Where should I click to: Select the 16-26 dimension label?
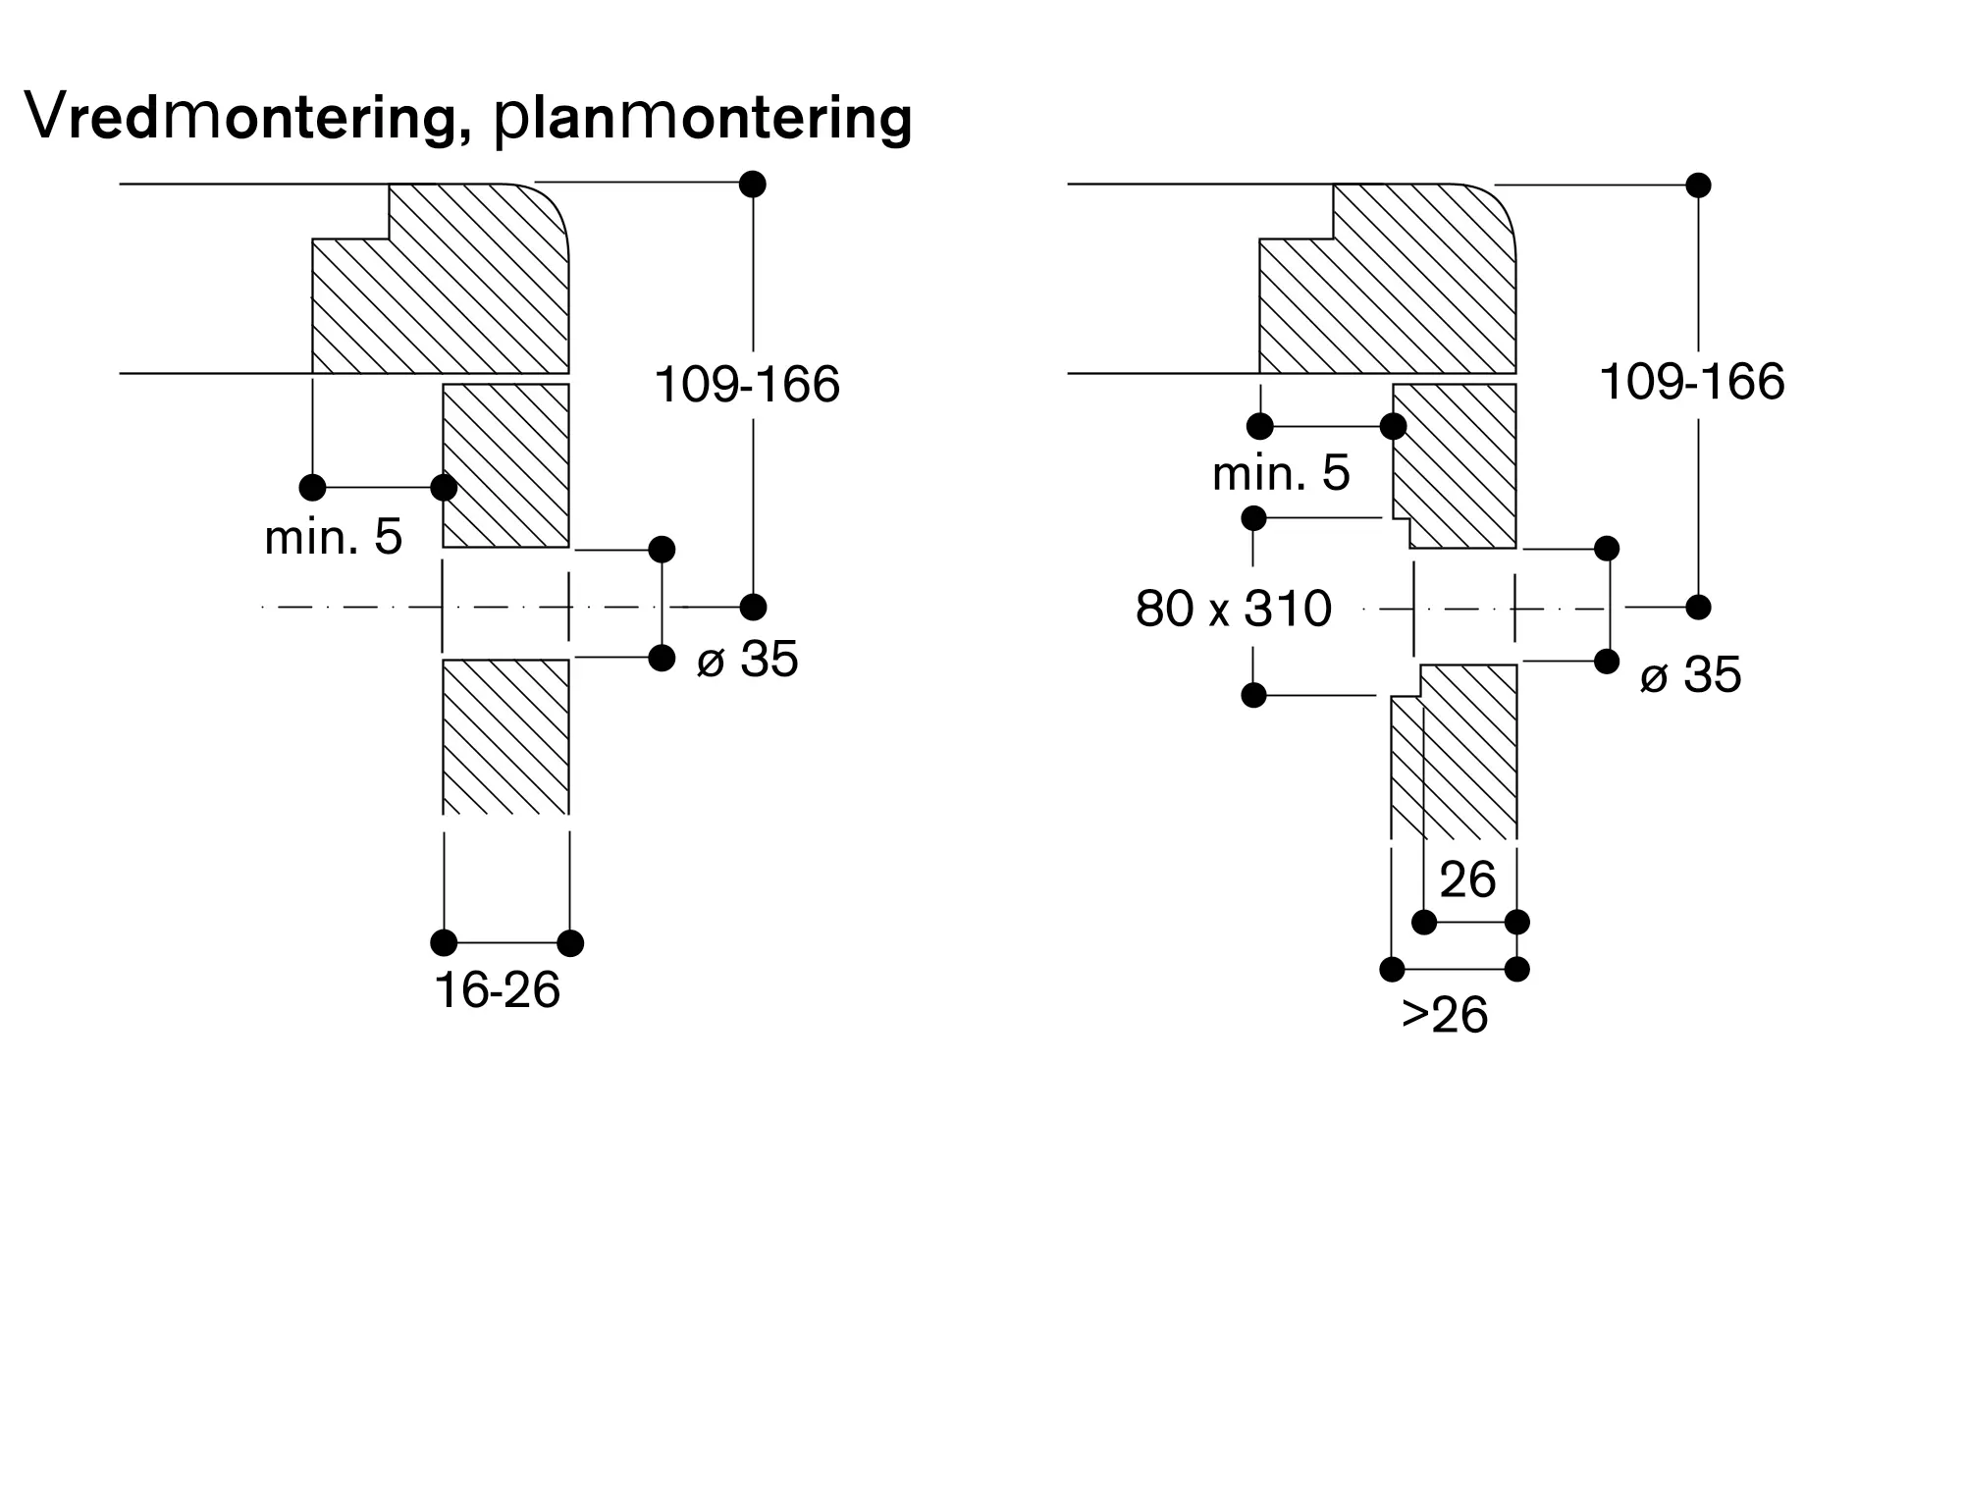point(498,990)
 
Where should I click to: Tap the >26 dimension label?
point(1444,1015)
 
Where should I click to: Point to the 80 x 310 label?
point(1234,609)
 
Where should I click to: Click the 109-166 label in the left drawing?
point(747,384)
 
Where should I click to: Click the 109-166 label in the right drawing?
point(1692,381)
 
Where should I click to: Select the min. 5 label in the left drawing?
point(334,537)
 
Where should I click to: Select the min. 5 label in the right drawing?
point(1281,473)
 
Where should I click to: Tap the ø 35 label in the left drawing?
point(747,659)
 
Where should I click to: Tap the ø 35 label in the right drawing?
point(1690,675)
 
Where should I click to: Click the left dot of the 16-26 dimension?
point(444,943)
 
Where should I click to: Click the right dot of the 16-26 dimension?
point(570,943)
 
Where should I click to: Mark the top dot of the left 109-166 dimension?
point(753,184)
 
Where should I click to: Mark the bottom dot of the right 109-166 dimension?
point(1698,608)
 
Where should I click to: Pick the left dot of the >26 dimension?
point(1392,970)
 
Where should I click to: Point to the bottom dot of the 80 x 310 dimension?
point(1253,695)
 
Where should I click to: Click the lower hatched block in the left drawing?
point(506,736)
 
